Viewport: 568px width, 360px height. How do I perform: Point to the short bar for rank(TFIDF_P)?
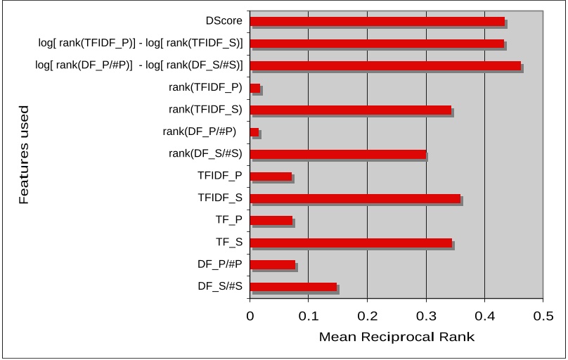pos(255,88)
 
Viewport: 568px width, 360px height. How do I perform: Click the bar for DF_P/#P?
pos(272,264)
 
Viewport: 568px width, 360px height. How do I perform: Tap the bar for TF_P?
pos(271,220)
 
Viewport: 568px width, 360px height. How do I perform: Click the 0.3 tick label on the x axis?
pos(426,316)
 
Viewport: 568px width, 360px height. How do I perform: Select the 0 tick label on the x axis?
pos(250,316)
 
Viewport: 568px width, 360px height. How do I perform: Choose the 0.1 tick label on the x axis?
pos(308,316)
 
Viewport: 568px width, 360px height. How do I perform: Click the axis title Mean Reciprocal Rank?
pos(396,337)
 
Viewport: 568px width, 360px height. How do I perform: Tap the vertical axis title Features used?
pos(24,155)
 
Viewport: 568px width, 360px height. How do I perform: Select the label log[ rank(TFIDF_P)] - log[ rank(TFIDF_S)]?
pos(141,44)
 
